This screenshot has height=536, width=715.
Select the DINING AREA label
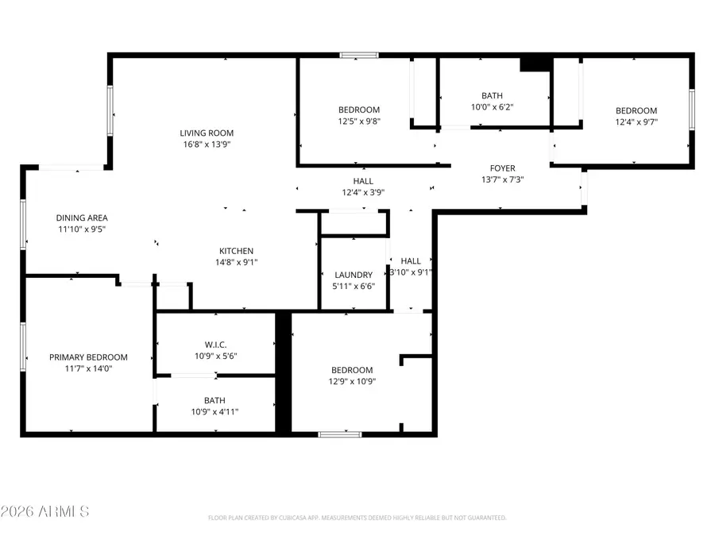click(82, 218)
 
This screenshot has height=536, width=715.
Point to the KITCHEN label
click(237, 251)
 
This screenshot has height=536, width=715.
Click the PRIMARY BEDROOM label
click(88, 357)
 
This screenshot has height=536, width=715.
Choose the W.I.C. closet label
click(216, 345)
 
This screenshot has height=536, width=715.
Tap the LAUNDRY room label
click(354, 275)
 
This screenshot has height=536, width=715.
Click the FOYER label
click(502, 168)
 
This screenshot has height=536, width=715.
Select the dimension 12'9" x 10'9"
click(352, 381)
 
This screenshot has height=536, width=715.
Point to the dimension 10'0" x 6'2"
click(493, 106)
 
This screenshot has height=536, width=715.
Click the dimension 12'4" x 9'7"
click(636, 121)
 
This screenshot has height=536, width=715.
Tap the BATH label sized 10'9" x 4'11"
click(214, 400)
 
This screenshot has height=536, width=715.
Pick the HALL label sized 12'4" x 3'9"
click(363, 181)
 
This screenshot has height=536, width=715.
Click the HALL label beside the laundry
click(411, 261)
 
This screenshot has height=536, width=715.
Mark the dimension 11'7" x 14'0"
click(88, 368)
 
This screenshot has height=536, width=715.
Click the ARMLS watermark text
click(45, 511)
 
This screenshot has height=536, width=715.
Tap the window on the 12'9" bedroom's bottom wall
click(340, 434)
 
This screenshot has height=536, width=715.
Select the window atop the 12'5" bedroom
click(358, 55)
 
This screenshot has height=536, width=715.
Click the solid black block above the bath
click(535, 64)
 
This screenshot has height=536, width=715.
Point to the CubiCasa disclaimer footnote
click(357, 518)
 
